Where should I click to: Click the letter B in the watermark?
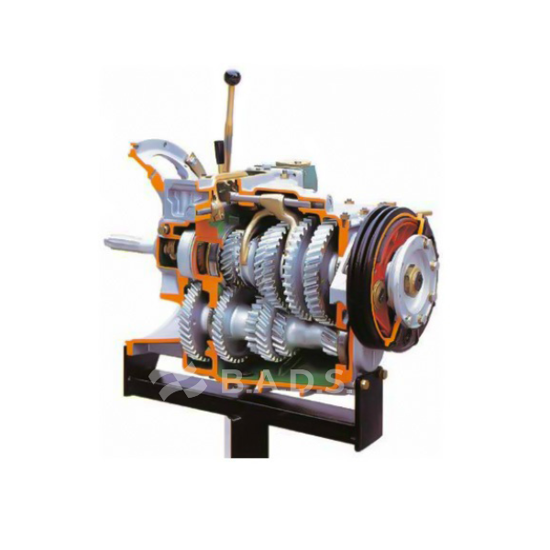pyautogui.click(x=232, y=381)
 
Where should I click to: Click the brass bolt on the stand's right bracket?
pyautogui.click(x=365, y=385)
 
